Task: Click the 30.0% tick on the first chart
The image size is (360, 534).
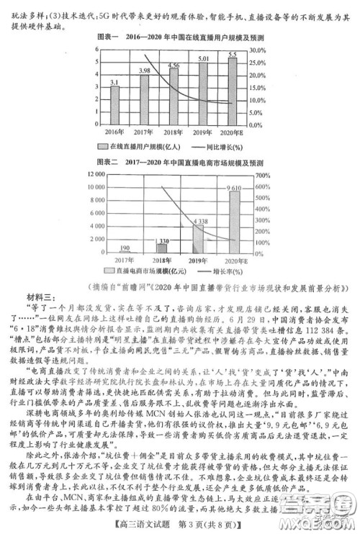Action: point(260,50)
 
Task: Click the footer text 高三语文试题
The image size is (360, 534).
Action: point(144,524)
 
